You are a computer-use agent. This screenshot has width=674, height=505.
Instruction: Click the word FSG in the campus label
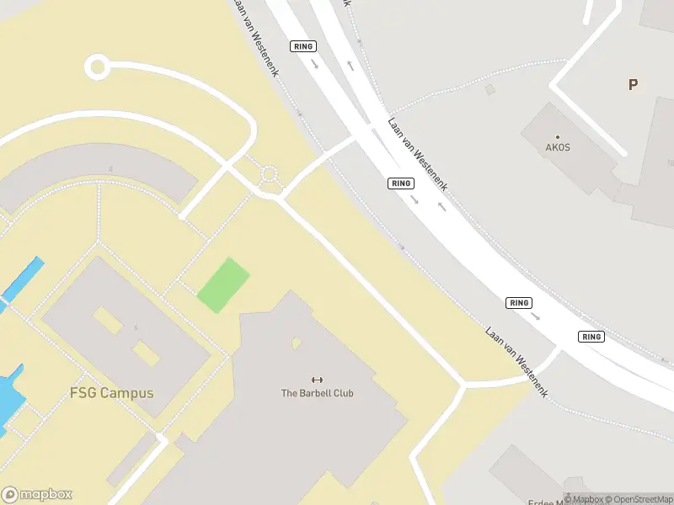coord(83,393)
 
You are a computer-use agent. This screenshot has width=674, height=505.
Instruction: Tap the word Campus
coord(126,393)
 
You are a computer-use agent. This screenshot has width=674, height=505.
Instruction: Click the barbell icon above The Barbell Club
coord(317,380)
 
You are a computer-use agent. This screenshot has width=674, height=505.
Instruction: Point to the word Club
coord(343,393)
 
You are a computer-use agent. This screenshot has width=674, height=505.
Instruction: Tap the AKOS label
coord(558,147)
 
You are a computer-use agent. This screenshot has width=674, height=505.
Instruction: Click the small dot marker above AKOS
coord(557,136)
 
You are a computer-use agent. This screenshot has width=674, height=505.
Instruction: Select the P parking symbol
coord(632,84)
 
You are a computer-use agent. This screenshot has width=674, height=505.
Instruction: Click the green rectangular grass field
coord(223,285)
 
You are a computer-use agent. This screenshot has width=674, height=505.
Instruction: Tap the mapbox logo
coord(37,495)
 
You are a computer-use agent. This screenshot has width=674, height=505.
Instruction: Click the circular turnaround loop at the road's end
coord(97,66)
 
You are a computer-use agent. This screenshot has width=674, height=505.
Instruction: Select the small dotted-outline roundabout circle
coord(269,174)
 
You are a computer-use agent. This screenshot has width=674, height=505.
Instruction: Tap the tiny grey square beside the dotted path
coord(490,88)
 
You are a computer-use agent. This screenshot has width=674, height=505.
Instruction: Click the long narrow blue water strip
coord(23,280)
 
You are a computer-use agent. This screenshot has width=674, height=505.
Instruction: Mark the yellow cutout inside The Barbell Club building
coord(296,343)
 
